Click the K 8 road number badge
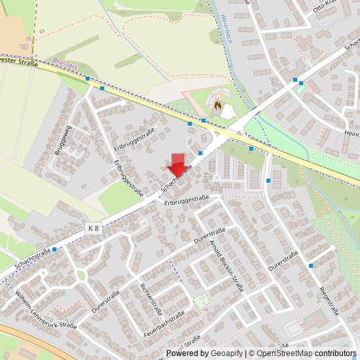click(x=94, y=228)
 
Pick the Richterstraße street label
click(x=151, y=299)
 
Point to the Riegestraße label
click(x=329, y=300)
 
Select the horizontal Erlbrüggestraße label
click(x=187, y=198)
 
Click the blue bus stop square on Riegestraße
click(x=310, y=266)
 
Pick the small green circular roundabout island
click(x=81, y=276)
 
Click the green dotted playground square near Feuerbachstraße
click(x=202, y=301)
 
